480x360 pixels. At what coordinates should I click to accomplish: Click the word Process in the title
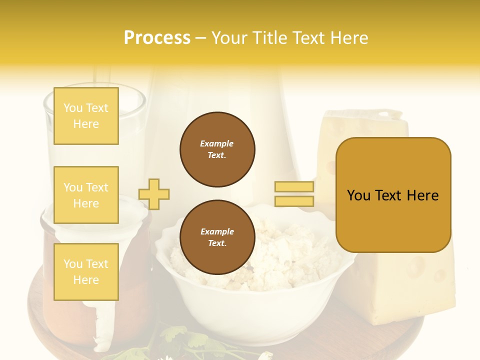(157, 38)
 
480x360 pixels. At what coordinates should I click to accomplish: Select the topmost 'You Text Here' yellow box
(86, 116)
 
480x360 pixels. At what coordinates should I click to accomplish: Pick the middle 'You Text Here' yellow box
(86, 195)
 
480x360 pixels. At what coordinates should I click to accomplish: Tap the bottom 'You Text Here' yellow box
(86, 272)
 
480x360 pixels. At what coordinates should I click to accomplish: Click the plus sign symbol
(154, 194)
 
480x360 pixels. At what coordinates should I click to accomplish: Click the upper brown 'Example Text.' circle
(217, 149)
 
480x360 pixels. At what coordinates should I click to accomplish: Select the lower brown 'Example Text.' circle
(217, 237)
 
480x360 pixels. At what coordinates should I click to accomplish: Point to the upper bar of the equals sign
(294, 187)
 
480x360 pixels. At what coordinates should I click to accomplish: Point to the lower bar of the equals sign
(294, 201)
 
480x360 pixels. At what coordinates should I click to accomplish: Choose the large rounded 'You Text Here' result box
(393, 195)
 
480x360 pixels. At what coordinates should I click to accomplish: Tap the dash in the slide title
(201, 38)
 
